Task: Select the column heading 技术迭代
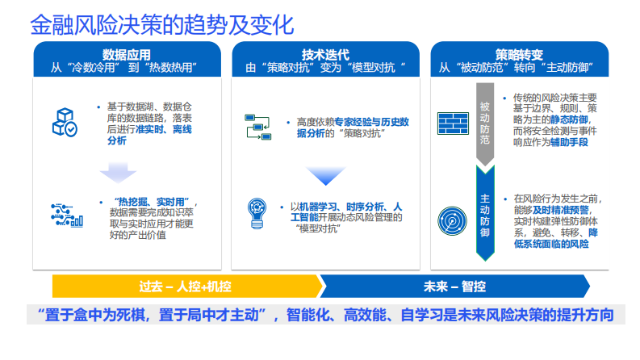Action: [x=324, y=54]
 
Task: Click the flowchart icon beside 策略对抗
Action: [x=257, y=128]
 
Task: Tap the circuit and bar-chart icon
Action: [x=65, y=214]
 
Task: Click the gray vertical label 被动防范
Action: [x=485, y=123]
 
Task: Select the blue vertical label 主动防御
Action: [x=485, y=216]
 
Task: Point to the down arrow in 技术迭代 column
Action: [x=324, y=175]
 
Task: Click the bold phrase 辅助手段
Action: [x=569, y=142]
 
